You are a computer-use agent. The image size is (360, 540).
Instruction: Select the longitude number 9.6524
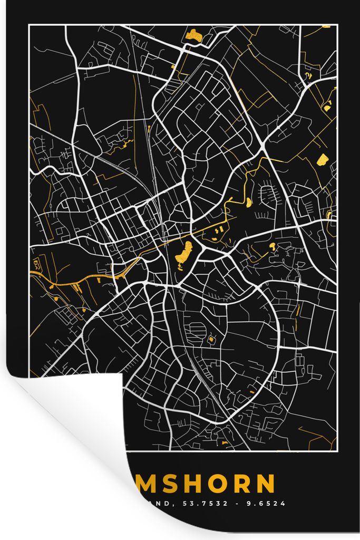(267, 504)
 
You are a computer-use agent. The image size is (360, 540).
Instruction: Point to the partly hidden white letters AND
(156, 504)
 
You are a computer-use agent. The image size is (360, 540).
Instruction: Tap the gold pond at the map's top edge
(193, 36)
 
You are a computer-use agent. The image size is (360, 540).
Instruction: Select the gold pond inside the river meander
(248, 201)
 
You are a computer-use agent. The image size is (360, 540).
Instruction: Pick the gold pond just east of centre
(272, 246)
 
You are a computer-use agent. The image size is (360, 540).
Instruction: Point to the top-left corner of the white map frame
(29, 25)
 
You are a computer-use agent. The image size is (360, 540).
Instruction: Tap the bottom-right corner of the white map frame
(337, 452)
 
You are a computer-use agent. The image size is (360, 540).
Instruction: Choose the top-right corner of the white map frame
(337, 25)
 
